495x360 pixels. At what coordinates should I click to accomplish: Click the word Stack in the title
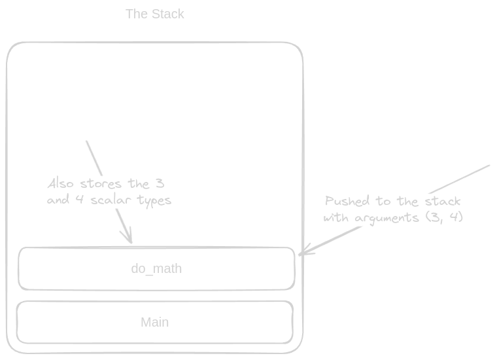pyautogui.click(x=168, y=14)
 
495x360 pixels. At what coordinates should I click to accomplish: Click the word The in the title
pyautogui.click(x=137, y=14)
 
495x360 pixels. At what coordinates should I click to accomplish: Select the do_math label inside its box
pyautogui.click(x=156, y=268)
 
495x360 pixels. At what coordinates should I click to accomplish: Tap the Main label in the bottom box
pyautogui.click(x=154, y=322)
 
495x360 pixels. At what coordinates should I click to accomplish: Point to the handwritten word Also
pyautogui.click(x=60, y=183)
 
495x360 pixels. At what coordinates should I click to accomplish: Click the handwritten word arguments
pyautogui.click(x=387, y=218)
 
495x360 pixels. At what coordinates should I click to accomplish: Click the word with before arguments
pyautogui.click(x=336, y=217)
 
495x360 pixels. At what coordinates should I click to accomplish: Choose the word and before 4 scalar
pyautogui.click(x=58, y=200)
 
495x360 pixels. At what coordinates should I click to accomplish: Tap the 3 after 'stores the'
pyautogui.click(x=160, y=183)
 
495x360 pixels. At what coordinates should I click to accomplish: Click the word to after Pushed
pyautogui.click(x=383, y=201)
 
